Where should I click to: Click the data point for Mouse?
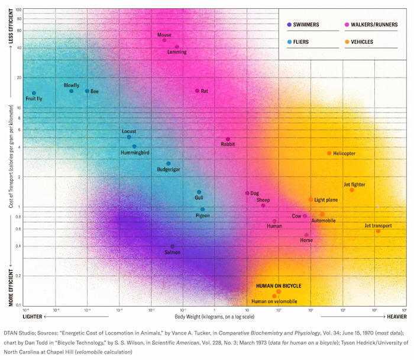[165, 40]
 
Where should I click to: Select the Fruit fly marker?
[34, 93]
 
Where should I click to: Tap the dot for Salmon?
[173, 246]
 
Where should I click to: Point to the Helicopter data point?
[329, 153]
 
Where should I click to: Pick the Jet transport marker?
[378, 231]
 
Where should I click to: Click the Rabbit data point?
[228, 139]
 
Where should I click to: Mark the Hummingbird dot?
[134, 146]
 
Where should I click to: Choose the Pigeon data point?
[202, 210]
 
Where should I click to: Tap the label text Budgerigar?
[169, 169]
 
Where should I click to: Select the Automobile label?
[323, 220]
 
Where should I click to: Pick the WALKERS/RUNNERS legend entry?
[367, 24]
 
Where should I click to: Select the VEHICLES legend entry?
[363, 42]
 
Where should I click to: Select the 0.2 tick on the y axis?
[19, 276]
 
